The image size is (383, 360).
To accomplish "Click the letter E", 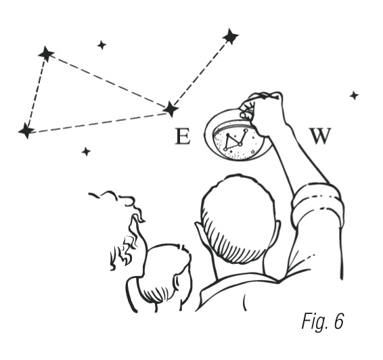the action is point(183,136).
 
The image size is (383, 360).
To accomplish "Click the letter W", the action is point(321,136).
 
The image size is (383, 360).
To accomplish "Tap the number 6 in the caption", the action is point(338,321).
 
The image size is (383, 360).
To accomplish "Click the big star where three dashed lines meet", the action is point(171,109).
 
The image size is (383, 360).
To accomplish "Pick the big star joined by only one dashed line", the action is point(230,37).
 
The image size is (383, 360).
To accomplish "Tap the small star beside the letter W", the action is point(354,95).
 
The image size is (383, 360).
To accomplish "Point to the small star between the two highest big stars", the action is point(102,45).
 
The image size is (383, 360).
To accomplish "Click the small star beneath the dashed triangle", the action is point(86,152).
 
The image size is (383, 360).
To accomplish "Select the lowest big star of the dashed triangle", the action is point(26,131).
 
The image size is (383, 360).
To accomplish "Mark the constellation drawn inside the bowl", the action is point(235,141).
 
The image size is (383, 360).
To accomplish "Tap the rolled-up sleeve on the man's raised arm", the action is point(317,205).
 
